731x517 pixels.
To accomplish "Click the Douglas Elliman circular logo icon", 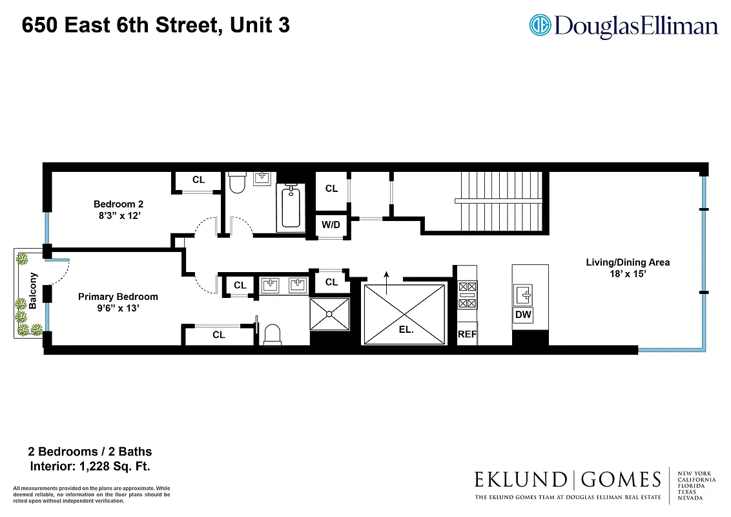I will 540,25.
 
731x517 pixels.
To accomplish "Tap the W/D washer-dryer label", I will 331,226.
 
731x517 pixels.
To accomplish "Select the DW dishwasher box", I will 523,315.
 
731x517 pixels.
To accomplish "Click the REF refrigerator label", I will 467,334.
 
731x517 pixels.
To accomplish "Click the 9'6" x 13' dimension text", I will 118,309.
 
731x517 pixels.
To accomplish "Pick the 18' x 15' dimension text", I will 627,274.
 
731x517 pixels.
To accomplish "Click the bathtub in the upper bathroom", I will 291,206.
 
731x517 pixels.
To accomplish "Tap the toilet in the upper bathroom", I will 237,183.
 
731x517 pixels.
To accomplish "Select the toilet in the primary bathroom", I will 273,334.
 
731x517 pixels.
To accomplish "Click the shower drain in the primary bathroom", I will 329,314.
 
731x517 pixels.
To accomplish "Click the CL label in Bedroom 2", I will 199,180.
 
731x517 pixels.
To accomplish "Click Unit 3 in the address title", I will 259,26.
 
